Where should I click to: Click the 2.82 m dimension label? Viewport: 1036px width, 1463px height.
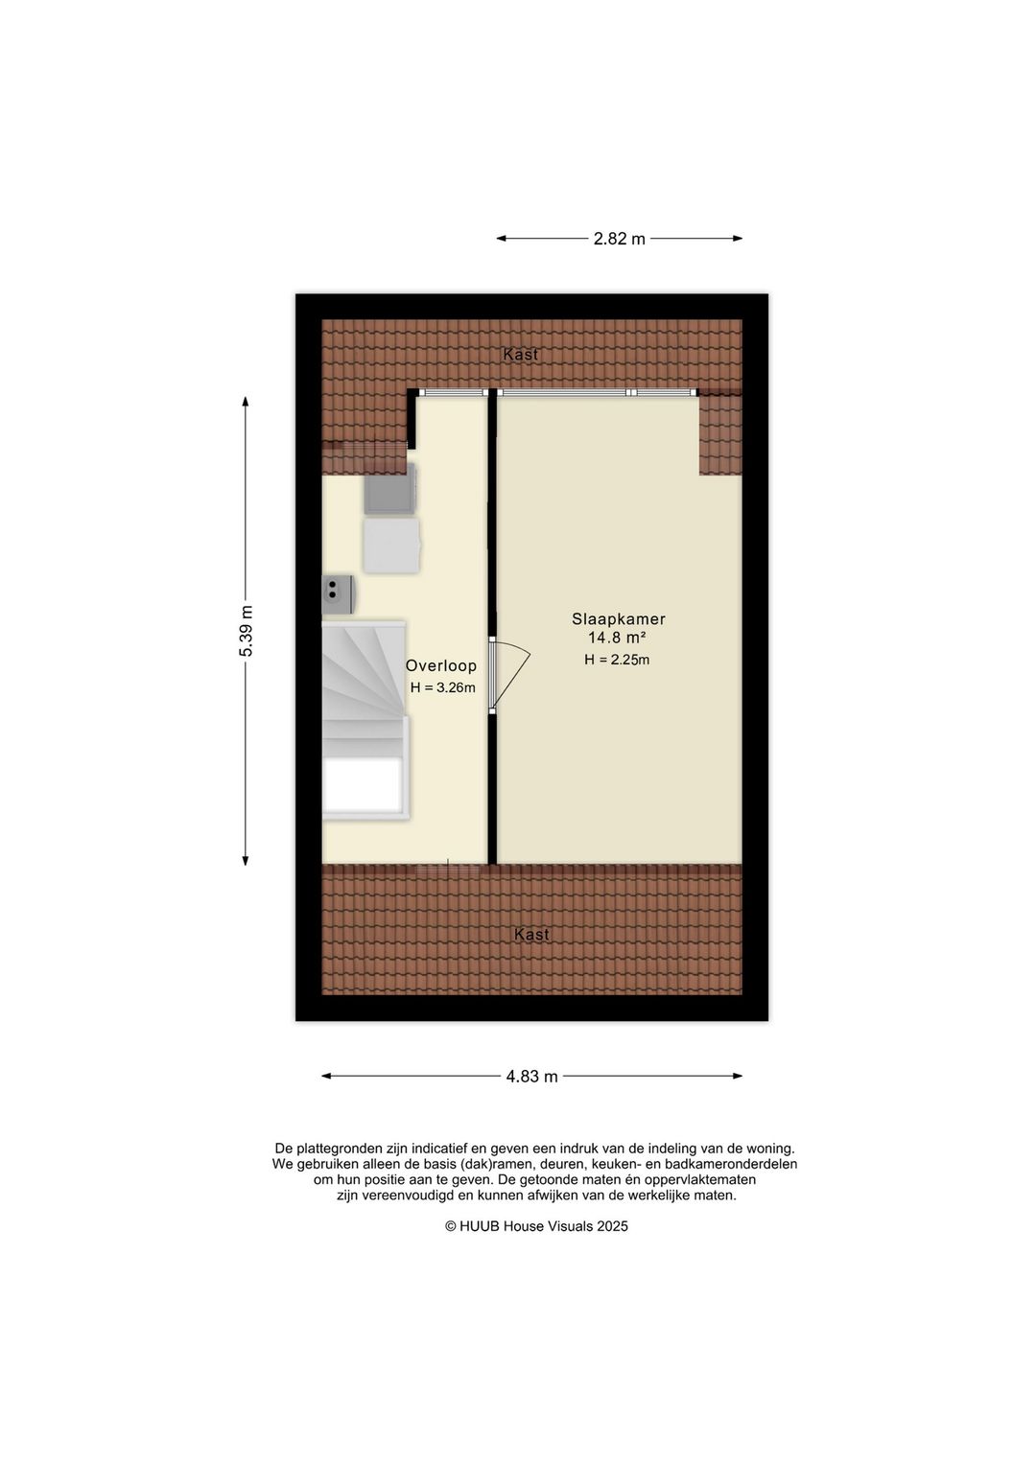point(619,239)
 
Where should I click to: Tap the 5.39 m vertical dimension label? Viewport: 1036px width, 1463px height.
point(247,631)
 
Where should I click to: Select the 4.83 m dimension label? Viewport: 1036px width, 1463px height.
point(531,1077)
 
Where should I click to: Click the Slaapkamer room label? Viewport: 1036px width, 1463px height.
point(619,619)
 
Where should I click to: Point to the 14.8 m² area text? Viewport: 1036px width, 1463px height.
point(617,639)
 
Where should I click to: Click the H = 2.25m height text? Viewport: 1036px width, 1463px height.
point(617,660)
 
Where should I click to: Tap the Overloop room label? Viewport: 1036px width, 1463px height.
point(440,666)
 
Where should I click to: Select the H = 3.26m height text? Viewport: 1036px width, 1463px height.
point(442,687)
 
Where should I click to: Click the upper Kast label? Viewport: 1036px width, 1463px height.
point(521,355)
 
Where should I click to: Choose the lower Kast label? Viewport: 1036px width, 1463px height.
point(531,935)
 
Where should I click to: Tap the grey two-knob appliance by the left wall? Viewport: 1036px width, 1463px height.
point(339,593)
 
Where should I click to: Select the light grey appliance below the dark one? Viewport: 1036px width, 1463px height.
point(391,546)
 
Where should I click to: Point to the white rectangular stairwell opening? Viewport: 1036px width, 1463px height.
point(362,785)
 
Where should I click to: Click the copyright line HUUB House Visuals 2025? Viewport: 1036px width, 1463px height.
point(536,1226)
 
